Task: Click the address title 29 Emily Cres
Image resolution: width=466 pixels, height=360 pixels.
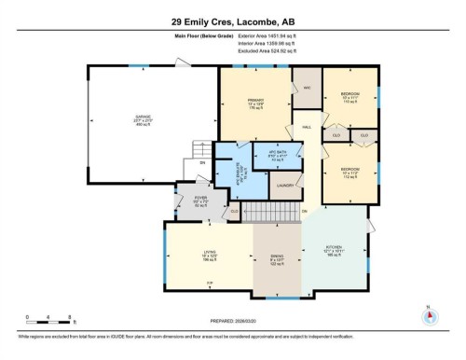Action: (232, 20)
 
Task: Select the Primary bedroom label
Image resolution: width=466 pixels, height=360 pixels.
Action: (252, 102)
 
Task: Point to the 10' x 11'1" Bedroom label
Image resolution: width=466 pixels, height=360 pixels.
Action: (350, 97)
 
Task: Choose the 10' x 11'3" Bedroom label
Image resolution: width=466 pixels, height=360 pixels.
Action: (350, 173)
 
